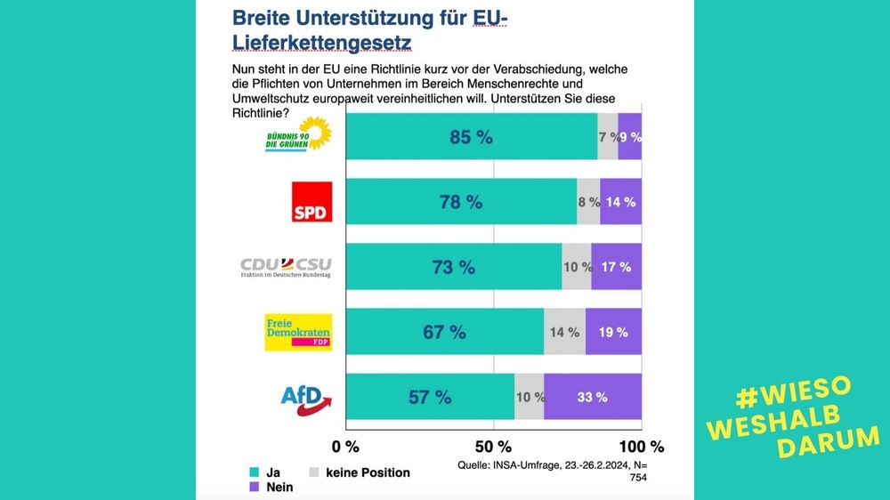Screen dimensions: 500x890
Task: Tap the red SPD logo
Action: (311, 202)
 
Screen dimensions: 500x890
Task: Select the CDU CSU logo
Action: (286, 266)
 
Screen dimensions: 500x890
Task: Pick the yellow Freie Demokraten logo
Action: (298, 332)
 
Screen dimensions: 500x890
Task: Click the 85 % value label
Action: (471, 137)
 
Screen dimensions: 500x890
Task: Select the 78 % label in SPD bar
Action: (460, 202)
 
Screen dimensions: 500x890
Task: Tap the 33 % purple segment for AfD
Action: (592, 397)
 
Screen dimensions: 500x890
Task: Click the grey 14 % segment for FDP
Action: (564, 332)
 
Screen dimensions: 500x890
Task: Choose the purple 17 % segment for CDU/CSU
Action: (616, 267)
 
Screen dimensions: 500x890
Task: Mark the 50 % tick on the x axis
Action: (494, 446)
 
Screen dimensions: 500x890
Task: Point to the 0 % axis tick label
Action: (345, 446)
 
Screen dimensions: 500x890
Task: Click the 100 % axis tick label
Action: (641, 446)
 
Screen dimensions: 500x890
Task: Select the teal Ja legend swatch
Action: (255, 472)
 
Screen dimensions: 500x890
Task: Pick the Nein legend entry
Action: (279, 487)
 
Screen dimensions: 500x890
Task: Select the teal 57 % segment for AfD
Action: (430, 397)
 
